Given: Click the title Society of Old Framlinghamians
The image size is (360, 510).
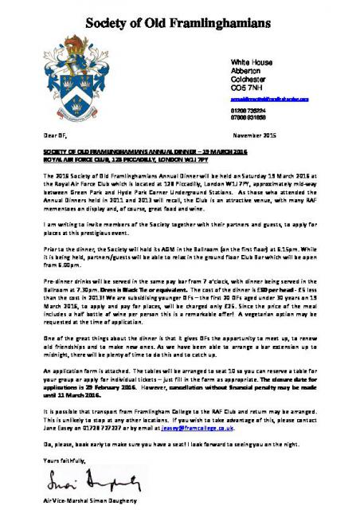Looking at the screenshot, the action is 180,17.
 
